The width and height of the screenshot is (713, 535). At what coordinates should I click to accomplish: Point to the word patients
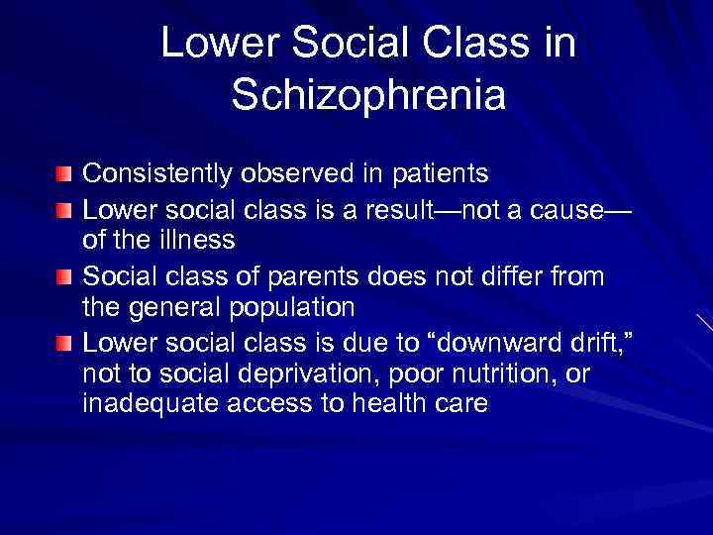(437, 173)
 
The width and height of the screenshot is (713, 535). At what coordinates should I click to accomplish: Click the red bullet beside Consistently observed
(64, 174)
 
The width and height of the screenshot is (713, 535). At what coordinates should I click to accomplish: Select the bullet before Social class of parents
(64, 276)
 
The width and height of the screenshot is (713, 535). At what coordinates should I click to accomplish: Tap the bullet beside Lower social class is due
(64, 342)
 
